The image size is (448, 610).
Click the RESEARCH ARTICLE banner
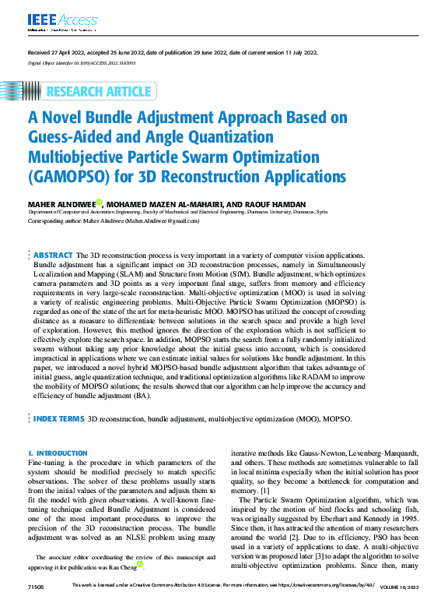click(99, 92)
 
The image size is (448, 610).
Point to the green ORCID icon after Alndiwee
click(99, 203)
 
